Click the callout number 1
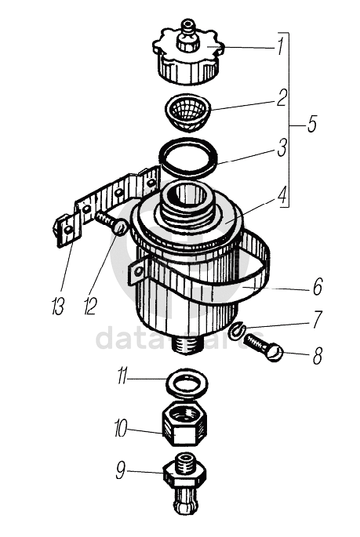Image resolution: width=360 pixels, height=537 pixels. point(281,46)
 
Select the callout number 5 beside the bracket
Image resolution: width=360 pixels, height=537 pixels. point(311,124)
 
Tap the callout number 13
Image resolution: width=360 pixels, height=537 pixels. point(58,306)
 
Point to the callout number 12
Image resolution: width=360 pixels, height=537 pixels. point(90,306)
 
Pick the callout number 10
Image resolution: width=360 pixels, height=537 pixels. point(121,428)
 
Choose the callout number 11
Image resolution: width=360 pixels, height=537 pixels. point(122,376)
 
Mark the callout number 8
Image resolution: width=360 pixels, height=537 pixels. point(318,355)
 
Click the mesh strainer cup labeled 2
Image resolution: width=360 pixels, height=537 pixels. point(187,112)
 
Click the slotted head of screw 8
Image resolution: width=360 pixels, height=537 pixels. point(275,353)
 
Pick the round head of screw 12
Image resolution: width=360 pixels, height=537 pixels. point(120,227)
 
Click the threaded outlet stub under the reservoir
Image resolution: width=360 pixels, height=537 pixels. point(187,344)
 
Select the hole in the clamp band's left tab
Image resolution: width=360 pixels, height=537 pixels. point(138,272)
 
